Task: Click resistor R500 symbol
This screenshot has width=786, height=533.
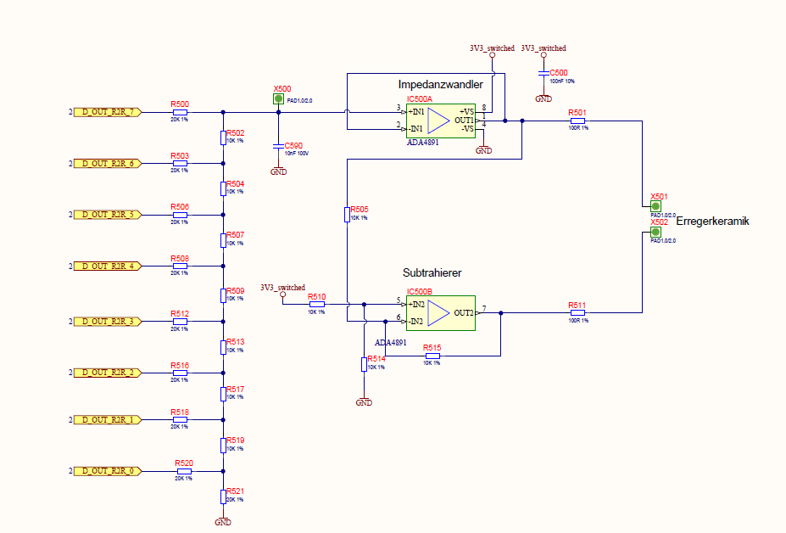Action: pyautogui.click(x=180, y=112)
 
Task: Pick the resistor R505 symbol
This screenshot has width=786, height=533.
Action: pyautogui.click(x=347, y=215)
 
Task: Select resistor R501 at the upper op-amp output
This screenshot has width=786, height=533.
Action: pyautogui.click(x=577, y=121)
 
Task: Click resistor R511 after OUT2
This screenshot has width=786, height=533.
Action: pyautogui.click(x=577, y=313)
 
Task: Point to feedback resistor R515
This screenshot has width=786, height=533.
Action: pyautogui.click(x=432, y=356)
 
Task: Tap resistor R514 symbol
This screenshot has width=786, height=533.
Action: pyautogui.click(x=364, y=364)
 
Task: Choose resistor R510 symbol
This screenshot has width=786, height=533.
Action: pyautogui.click(x=316, y=304)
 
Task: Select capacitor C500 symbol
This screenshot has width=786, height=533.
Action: pyautogui.click(x=544, y=73)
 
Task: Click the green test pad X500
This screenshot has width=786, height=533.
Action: pyautogui.click(x=278, y=99)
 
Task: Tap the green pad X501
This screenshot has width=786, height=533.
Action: pyautogui.click(x=655, y=206)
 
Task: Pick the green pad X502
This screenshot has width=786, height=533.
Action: pyautogui.click(x=655, y=233)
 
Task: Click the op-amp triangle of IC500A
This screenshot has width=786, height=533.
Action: pyautogui.click(x=438, y=121)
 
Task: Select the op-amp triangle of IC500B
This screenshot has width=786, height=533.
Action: pyautogui.click(x=438, y=313)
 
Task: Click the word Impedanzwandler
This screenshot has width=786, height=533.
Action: pyautogui.click(x=440, y=85)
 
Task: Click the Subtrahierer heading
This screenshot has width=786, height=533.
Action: pyautogui.click(x=432, y=273)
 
